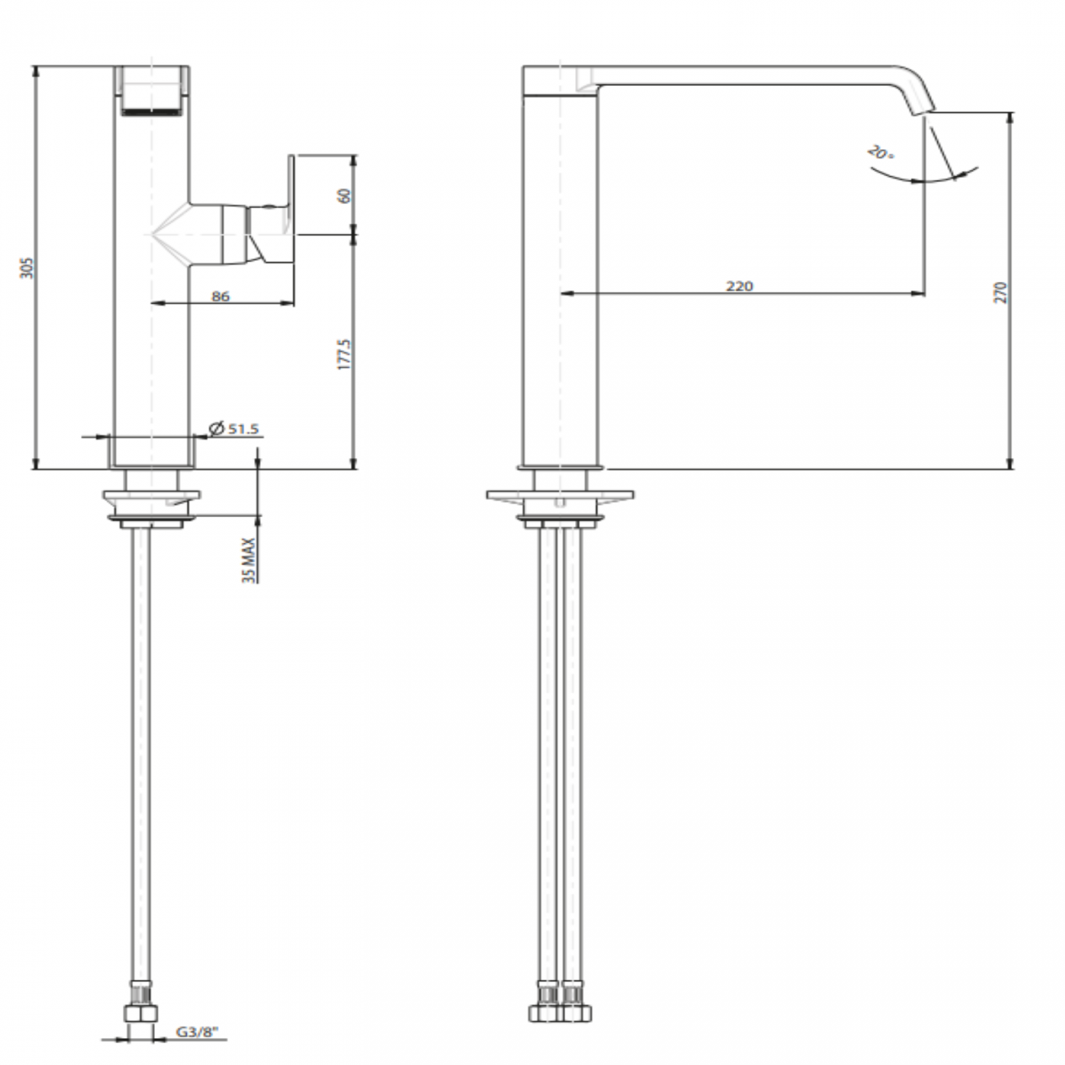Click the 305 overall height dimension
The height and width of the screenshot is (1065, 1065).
tap(27, 268)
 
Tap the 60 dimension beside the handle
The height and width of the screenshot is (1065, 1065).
tap(344, 196)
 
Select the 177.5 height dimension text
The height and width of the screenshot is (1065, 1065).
tap(344, 354)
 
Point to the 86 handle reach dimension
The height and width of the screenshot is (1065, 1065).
tap(220, 297)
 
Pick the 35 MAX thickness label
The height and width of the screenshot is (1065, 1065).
tap(250, 560)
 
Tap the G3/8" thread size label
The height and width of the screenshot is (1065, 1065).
tap(197, 1031)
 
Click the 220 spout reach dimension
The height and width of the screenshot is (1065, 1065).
tap(739, 286)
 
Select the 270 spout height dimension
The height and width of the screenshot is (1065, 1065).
tap(1001, 292)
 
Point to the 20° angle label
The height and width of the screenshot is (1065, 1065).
tap(881, 152)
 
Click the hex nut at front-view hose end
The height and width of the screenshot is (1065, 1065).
tap(141, 1013)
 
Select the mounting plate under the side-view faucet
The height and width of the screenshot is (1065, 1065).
tap(560, 496)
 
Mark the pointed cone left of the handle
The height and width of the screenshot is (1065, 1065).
tap(170, 233)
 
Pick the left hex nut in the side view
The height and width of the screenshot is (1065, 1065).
tap(545, 1013)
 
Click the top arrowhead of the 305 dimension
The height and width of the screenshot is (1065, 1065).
tap(37, 74)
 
